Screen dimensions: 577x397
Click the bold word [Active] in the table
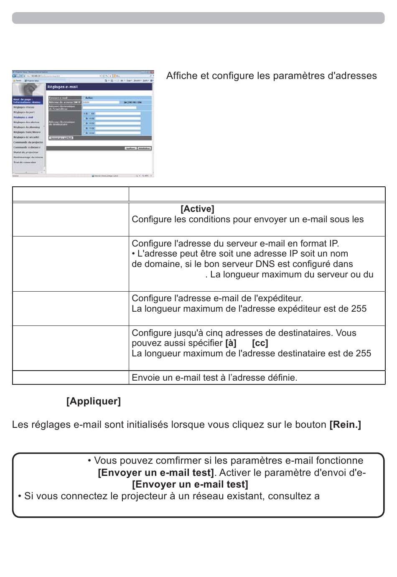tap(197, 209)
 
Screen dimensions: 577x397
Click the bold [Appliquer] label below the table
tap(94, 401)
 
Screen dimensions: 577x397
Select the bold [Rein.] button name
tap(345, 424)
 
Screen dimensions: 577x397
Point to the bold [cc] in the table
tap(260, 343)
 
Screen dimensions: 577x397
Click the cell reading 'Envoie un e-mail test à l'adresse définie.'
tap(214, 378)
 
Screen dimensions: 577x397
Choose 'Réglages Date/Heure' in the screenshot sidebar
tap(27, 132)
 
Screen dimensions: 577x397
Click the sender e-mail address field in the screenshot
tap(109, 107)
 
